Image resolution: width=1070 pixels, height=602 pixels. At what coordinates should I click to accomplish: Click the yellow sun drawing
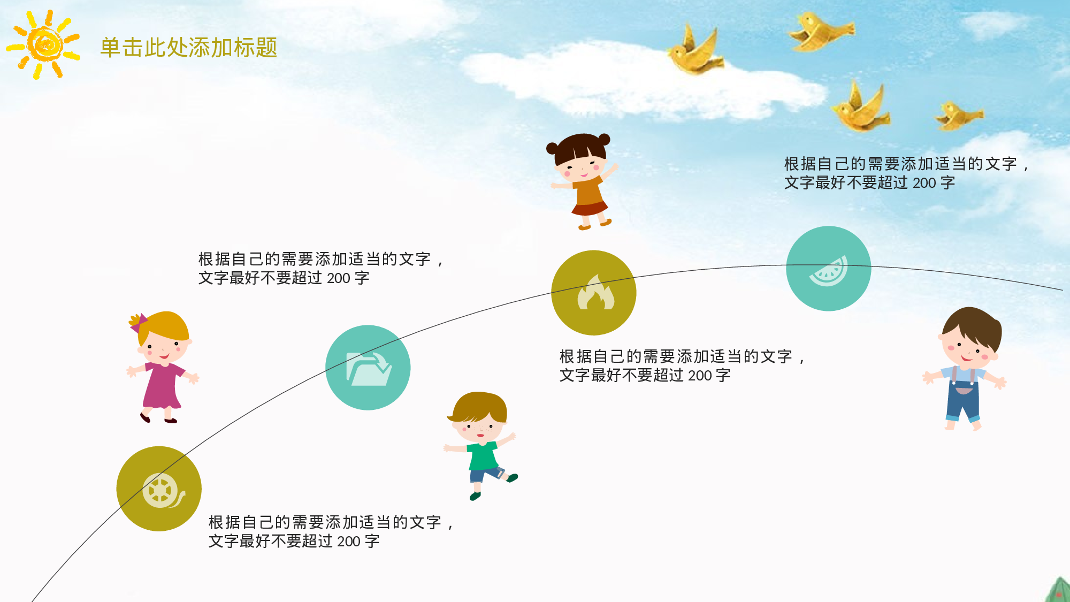coord(45,44)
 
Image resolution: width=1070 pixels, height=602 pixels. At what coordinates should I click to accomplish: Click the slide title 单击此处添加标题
coord(189,48)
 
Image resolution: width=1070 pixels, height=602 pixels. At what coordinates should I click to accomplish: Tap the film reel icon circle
coord(159,489)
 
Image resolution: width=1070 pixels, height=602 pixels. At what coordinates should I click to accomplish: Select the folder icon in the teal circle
coord(369,368)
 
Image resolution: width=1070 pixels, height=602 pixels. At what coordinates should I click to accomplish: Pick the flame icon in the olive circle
coord(594,293)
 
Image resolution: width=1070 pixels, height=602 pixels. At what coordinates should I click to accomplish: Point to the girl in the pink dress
coord(162,369)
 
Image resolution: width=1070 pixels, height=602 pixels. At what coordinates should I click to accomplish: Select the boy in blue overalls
coord(966,369)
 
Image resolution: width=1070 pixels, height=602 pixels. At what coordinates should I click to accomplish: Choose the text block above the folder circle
coord(320,269)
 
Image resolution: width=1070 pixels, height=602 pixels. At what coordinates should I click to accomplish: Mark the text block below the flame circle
coord(681,365)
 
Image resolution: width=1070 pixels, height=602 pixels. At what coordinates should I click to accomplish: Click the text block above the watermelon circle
coord(905,173)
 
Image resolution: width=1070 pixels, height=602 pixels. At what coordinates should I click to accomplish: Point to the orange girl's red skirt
coord(590,208)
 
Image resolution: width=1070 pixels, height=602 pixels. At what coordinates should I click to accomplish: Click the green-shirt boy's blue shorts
coord(485,474)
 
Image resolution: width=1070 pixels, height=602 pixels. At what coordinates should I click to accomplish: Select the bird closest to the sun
coord(694,52)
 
